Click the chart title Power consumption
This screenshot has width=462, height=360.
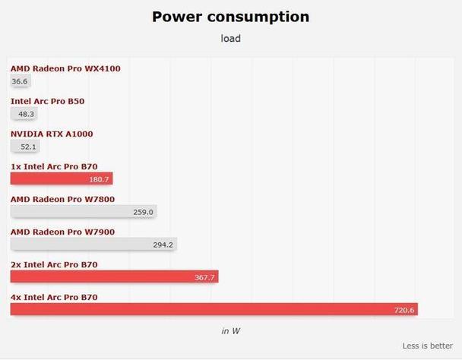pyautogui.click(x=230, y=17)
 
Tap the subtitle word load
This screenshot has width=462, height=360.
pyautogui.click(x=230, y=38)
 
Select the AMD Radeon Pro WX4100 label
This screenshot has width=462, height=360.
pyautogui.click(x=65, y=68)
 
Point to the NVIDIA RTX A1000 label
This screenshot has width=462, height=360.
pyautogui.click(x=52, y=134)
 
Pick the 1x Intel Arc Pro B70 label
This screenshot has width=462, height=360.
pyautogui.click(x=54, y=166)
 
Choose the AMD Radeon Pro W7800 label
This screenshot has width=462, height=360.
pyautogui.click(x=63, y=199)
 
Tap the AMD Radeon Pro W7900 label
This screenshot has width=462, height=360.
pyautogui.click(x=63, y=232)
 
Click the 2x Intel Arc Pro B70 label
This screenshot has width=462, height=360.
pyautogui.click(x=54, y=264)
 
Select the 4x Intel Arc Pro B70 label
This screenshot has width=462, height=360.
pyautogui.click(x=54, y=297)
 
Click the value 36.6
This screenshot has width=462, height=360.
pyautogui.click(x=20, y=81)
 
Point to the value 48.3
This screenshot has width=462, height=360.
pyautogui.click(x=27, y=114)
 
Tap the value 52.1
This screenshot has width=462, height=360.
pyautogui.click(x=29, y=147)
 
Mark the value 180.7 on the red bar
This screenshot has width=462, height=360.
pyautogui.click(x=100, y=179)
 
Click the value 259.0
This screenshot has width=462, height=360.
pyautogui.click(x=143, y=212)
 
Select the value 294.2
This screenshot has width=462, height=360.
pyautogui.click(x=163, y=245)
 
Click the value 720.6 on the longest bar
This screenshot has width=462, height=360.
pyautogui.click(x=403, y=310)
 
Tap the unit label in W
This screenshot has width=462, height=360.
pyautogui.click(x=231, y=330)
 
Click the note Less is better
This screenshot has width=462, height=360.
pyautogui.click(x=427, y=346)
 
